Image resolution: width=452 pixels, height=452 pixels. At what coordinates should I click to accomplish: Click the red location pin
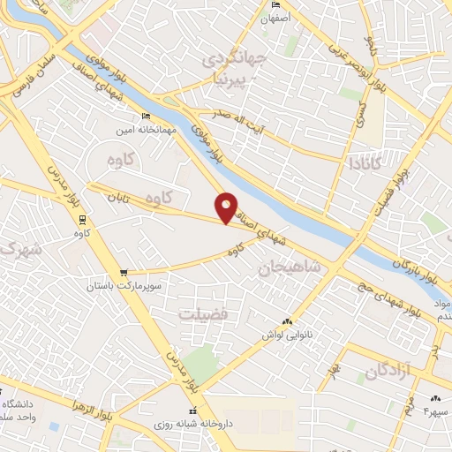tap(227, 207)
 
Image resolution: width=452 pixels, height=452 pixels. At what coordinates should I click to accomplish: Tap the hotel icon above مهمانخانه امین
tap(147, 116)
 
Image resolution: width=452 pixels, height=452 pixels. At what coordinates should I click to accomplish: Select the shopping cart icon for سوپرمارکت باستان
tap(124, 272)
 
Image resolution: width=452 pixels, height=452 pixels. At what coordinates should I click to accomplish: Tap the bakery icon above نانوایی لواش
tap(287, 322)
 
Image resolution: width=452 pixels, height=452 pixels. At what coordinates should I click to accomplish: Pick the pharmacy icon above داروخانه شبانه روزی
tap(191, 411)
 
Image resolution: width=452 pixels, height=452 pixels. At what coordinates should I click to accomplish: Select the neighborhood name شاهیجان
tap(290, 267)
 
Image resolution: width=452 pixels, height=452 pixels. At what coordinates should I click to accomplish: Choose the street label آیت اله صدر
tap(230, 121)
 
